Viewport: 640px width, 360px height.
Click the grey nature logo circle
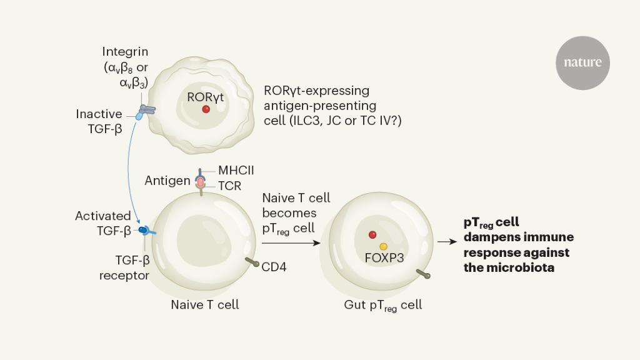pyautogui.click(x=582, y=62)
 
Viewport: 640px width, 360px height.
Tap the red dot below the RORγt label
pyautogui.click(x=206, y=109)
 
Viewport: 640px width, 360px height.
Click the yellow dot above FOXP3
pyautogui.click(x=383, y=246)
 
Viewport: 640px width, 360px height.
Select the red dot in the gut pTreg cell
pyautogui.click(x=372, y=235)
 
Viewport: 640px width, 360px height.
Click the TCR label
pyautogui.click(x=229, y=186)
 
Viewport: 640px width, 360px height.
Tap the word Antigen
pyautogui.click(x=167, y=181)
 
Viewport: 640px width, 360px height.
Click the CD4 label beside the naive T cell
pyautogui.click(x=274, y=267)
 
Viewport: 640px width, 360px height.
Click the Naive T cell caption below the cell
pyautogui.click(x=205, y=305)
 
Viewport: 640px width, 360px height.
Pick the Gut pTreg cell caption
pyautogui.click(x=382, y=306)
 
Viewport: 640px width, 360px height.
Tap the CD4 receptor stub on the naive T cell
pyautogui.click(x=252, y=262)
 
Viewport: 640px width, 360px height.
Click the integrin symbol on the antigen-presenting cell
pyautogui.click(x=147, y=111)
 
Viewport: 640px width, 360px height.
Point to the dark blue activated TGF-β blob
pyautogui.click(x=142, y=230)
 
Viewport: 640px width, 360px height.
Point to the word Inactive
pyautogui.click(x=99, y=114)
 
